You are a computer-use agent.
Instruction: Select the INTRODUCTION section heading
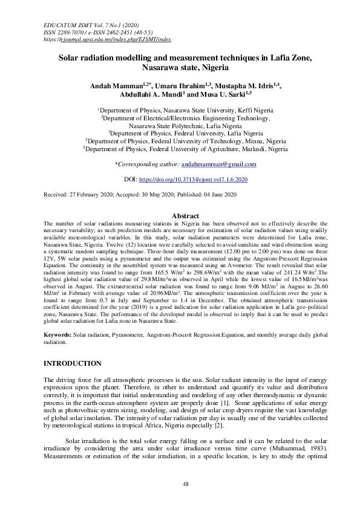tap(73, 363)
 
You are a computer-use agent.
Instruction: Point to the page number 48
tap(186, 484)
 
